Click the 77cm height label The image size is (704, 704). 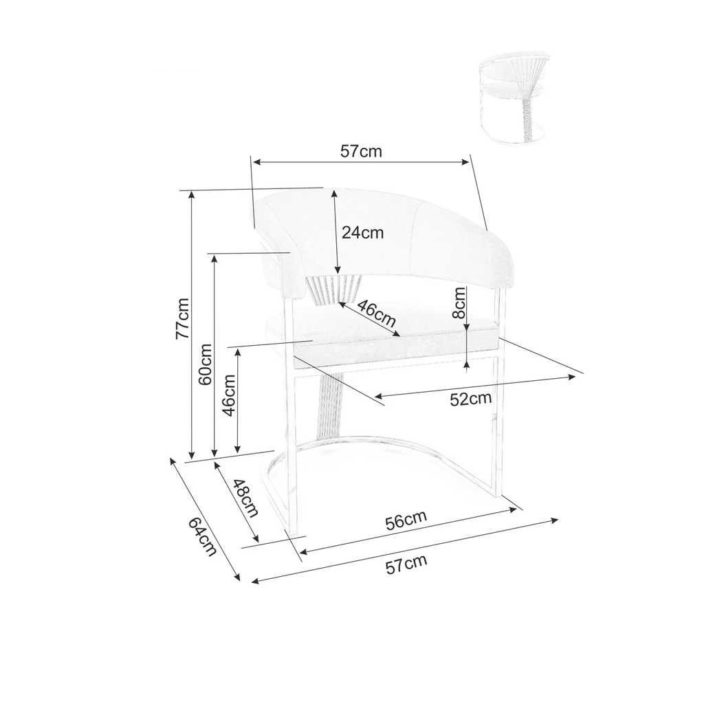coord(182,318)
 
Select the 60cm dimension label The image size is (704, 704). coord(205,364)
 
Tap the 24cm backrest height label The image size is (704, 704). coord(363,232)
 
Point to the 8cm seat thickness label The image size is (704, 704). coord(459,302)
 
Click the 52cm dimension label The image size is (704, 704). coord(471,399)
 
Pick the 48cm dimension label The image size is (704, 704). coord(245,498)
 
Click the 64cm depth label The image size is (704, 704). coord(202,536)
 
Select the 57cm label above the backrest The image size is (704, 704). coord(361,151)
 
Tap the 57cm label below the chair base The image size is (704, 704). coord(406,564)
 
